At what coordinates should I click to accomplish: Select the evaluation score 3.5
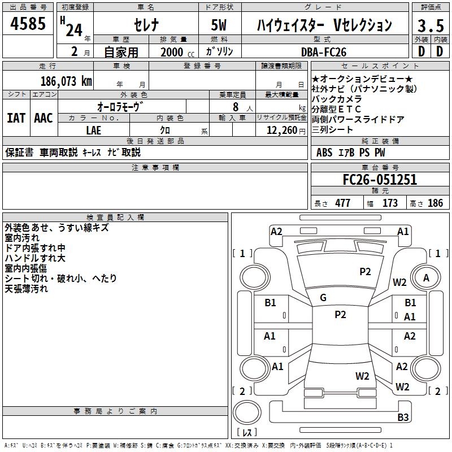(430, 25)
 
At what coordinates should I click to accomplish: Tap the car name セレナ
(145, 25)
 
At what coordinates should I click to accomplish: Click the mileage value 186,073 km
(66, 81)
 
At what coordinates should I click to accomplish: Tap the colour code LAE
(93, 129)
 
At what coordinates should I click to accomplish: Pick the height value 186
(435, 203)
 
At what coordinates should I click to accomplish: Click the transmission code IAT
(16, 118)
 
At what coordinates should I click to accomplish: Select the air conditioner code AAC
(43, 118)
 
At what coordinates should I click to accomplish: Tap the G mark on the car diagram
(323, 297)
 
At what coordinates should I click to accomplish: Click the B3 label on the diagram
(402, 417)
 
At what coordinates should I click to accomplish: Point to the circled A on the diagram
(426, 277)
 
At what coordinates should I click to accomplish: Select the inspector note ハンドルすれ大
(35, 258)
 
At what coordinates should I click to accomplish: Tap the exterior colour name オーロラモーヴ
(120, 106)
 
